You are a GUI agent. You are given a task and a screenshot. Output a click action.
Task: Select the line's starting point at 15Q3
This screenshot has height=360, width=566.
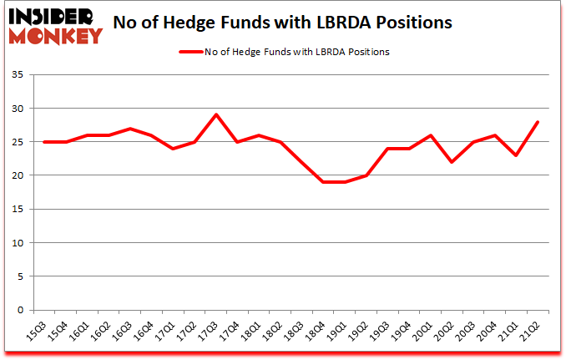coord(44,142)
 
